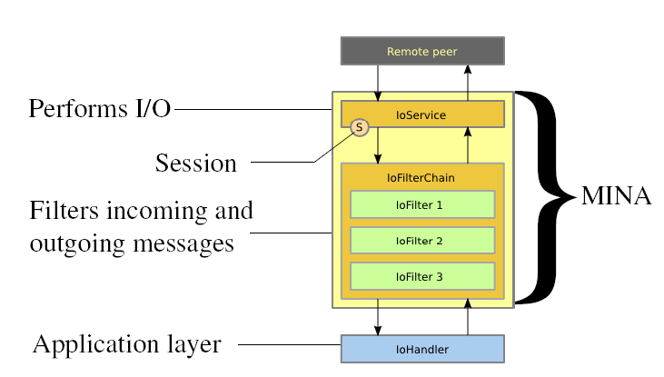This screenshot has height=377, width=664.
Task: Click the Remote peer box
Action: pos(421,51)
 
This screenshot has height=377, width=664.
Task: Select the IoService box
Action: pos(421,114)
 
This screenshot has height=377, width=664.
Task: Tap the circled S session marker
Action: pos(359,128)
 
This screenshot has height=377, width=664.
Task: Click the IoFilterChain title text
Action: pos(421,178)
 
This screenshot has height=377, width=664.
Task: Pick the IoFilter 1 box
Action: pos(421,204)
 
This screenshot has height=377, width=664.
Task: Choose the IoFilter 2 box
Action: pos(421,240)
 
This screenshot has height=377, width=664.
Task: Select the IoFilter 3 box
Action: pos(421,275)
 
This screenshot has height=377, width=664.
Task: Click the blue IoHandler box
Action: pos(421,348)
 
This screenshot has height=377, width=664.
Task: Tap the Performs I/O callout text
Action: pos(100,110)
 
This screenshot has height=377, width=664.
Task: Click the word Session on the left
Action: pos(196,164)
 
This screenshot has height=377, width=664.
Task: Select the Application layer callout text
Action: pos(127,344)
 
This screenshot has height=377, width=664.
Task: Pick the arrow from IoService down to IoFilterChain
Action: pos(378,145)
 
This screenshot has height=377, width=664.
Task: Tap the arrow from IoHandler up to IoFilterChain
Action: pos(467,317)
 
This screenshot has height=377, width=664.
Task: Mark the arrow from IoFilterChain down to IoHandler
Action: pos(378,317)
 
